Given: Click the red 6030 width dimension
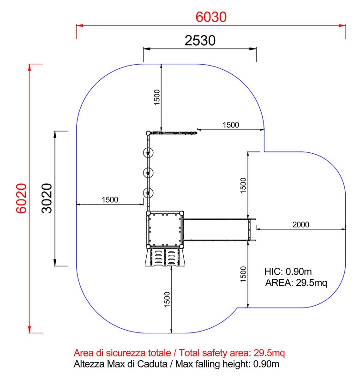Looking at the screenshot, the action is pyautogui.click(x=211, y=17).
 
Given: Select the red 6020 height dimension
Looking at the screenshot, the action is pyautogui.click(x=21, y=198).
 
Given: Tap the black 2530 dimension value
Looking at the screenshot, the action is pyautogui.click(x=200, y=41).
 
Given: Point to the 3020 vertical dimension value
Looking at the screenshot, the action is pyautogui.click(x=47, y=198).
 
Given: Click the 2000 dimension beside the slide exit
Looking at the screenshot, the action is pyautogui.click(x=300, y=225).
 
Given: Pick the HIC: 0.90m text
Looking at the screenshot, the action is pyautogui.click(x=288, y=271).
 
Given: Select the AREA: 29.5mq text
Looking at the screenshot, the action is pyautogui.click(x=296, y=283).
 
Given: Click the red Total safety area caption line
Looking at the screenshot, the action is pyautogui.click(x=179, y=353).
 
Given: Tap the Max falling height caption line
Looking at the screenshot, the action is pyautogui.click(x=176, y=364).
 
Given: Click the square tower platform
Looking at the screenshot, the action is pyautogui.click(x=165, y=230).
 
